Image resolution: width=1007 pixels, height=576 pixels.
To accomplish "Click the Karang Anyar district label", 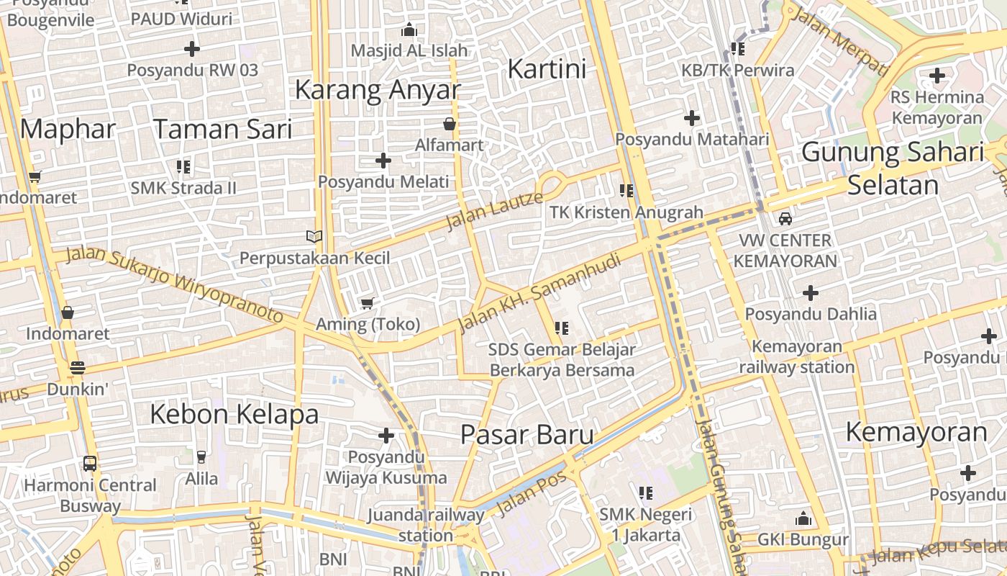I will coord(378,90).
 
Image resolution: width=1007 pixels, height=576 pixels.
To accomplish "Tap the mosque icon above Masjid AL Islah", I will coord(409,30).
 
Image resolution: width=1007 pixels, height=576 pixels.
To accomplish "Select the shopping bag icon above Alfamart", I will coord(450,124).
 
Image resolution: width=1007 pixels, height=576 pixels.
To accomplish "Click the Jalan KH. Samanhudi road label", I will coord(539,292).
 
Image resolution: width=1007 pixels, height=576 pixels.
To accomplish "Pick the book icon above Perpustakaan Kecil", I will coord(314,236).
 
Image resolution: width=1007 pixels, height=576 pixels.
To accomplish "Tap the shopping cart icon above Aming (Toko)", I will coord(368,303).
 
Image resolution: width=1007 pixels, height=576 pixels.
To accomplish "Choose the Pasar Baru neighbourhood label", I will coord(527,435).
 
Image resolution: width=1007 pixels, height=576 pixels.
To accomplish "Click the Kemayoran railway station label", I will coord(797,357).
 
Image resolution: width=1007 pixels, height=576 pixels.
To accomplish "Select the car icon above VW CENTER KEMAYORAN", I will coord(785,218).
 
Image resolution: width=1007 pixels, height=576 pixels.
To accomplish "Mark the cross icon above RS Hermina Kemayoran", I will coord(937,75).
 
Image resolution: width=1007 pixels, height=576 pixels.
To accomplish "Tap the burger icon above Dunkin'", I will coord(78,368).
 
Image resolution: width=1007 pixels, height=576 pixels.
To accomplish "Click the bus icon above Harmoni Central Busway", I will coord(90,463).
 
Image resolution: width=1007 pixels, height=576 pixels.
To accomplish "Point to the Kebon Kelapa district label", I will coord(234,415).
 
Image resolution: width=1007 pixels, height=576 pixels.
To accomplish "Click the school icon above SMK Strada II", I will coord(183,167).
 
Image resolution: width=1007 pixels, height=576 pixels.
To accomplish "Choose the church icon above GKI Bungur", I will coord(803,518).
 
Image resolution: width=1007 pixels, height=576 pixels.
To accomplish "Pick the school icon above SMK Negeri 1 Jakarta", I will coord(646,492).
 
